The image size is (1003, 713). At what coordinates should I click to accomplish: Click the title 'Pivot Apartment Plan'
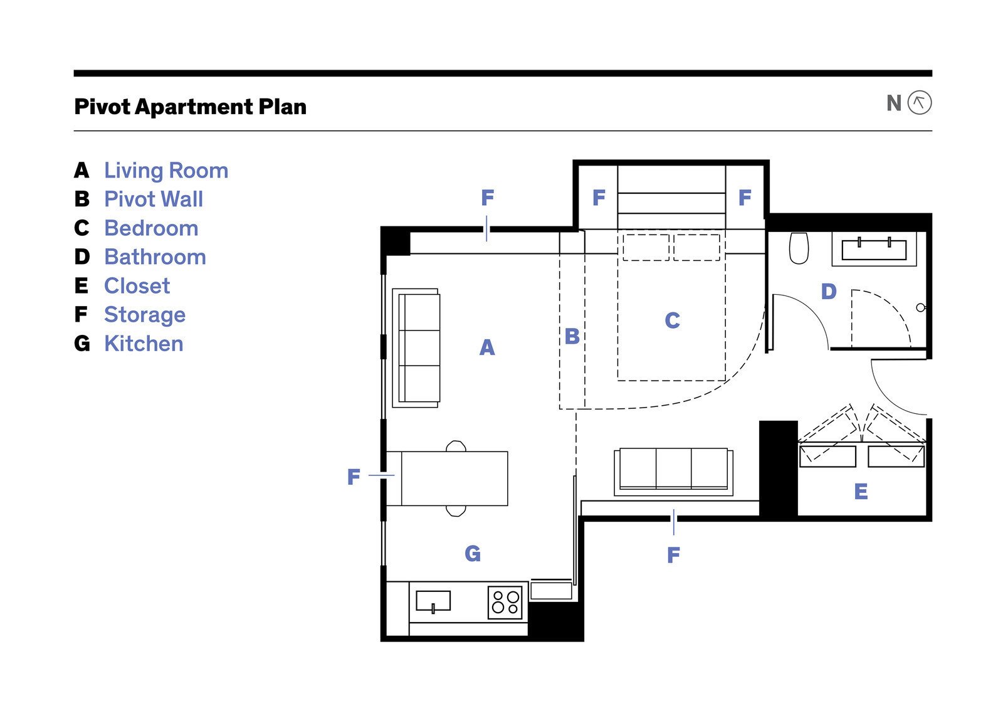pos(191,107)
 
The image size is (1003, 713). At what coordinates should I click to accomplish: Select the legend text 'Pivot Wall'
pos(154,199)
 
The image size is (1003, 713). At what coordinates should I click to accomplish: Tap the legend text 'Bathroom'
pos(155,256)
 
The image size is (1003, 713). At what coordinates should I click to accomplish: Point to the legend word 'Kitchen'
pos(144,344)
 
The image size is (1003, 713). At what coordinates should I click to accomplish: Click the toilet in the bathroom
pos(799,248)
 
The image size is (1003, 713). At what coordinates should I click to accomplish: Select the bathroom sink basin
pos(874,250)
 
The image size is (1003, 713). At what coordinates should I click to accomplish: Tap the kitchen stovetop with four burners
pos(505,603)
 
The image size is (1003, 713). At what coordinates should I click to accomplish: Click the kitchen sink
pos(433,601)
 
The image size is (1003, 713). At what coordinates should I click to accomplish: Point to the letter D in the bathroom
pos(829,292)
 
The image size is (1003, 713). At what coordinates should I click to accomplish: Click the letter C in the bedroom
pos(672,320)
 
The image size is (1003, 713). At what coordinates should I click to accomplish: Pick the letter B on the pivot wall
pos(572,336)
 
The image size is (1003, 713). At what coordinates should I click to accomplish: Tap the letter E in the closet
pos(861,491)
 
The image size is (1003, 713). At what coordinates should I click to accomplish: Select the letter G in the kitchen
pos(473,554)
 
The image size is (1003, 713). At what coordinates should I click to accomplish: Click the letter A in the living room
pos(487,347)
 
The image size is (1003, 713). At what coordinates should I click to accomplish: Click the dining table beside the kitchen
pos(454,478)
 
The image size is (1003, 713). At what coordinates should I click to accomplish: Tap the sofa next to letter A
pos(416,348)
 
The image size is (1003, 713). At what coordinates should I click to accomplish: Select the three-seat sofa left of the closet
pos(673,472)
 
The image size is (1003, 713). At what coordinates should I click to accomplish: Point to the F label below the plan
pos(673,555)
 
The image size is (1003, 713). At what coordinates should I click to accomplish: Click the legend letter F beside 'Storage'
pos(81,314)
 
